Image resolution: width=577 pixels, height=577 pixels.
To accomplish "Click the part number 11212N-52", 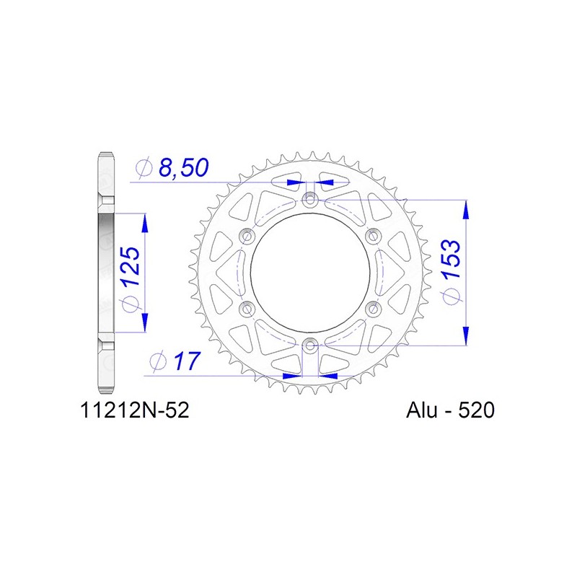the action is tap(135, 410).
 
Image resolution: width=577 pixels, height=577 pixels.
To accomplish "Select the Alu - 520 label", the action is tap(450, 410).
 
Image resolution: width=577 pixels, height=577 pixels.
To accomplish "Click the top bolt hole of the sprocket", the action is tap(310, 201).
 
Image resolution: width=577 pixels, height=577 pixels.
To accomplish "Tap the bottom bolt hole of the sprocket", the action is tap(310, 345).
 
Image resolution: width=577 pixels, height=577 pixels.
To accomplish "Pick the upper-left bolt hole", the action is tap(247, 236).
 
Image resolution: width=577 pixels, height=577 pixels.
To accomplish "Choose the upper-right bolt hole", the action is tap(373, 236).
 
